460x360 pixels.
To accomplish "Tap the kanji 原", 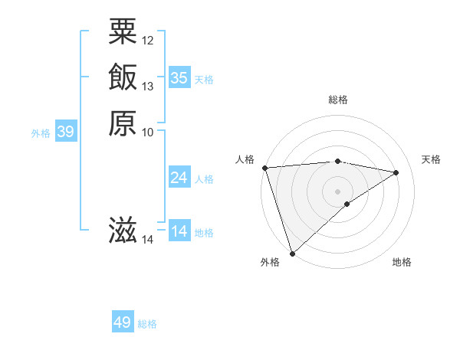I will click(x=123, y=123).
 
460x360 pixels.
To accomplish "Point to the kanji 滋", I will click(x=123, y=231).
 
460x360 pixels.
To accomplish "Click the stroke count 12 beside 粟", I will click(x=148, y=40).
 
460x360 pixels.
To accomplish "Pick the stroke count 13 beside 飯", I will click(x=148, y=86).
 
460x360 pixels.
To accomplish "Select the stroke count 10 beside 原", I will click(x=148, y=132).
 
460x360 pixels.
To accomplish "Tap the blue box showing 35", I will click(x=179, y=77).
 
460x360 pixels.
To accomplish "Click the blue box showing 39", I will click(x=66, y=132).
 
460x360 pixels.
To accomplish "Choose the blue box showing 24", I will click(x=179, y=178).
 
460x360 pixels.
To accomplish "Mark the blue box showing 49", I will click(x=123, y=322).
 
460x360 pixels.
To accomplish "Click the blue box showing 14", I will click(x=179, y=231).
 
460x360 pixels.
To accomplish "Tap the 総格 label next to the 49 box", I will click(x=147, y=324).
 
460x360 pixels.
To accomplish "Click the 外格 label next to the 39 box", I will click(x=41, y=133).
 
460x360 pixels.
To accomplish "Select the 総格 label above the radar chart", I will click(x=337, y=100).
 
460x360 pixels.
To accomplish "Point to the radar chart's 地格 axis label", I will click(x=402, y=263).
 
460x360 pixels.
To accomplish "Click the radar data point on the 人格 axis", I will click(x=264, y=168).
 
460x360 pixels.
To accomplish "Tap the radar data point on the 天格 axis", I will click(x=396, y=172).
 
